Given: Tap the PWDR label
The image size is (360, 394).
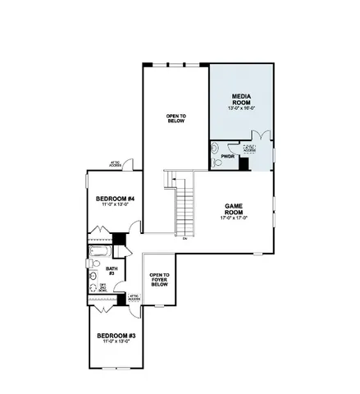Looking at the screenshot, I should click(x=228, y=156).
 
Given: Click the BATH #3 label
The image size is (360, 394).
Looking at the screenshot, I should click(x=112, y=272).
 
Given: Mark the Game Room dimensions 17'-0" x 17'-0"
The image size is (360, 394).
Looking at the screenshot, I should click(x=235, y=218).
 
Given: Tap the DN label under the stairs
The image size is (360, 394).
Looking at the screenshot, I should click(x=185, y=239).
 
